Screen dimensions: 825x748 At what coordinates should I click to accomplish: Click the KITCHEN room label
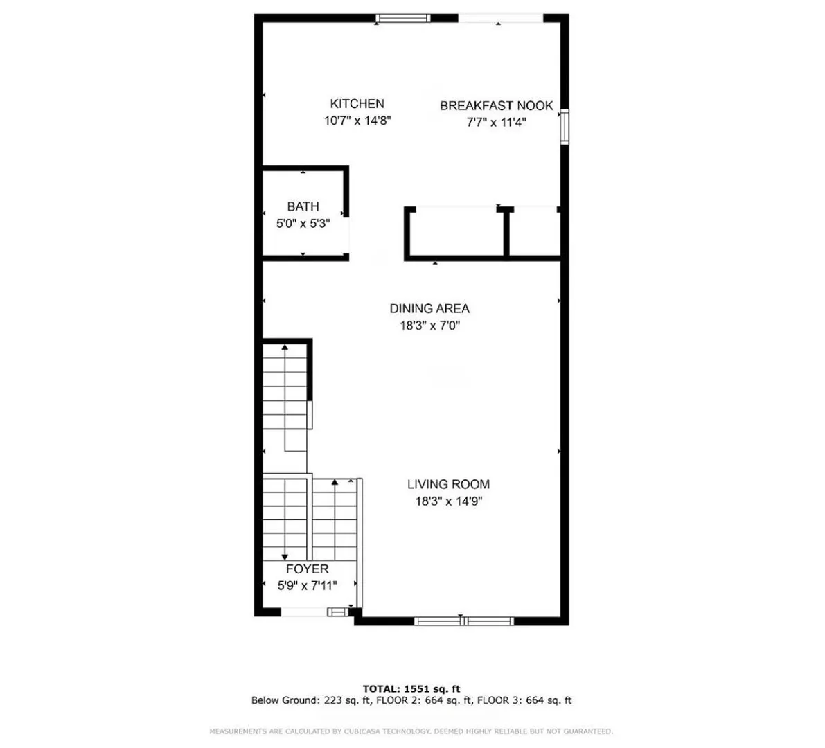click(357, 104)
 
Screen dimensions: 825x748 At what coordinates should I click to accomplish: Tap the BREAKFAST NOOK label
click(496, 106)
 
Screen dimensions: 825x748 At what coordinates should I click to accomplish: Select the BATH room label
click(303, 206)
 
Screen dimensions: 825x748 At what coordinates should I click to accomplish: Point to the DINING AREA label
click(429, 308)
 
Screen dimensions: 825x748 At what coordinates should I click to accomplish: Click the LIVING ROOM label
click(448, 484)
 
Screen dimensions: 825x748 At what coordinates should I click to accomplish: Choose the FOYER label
click(308, 569)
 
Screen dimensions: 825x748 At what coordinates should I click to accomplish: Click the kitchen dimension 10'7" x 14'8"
click(357, 121)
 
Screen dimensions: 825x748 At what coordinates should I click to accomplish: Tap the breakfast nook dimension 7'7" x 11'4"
click(496, 123)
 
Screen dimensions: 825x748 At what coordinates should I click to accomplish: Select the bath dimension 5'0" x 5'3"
click(303, 224)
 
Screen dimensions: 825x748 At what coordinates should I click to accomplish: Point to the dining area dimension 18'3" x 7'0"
click(430, 326)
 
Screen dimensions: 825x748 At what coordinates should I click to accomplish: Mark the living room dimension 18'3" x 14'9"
click(449, 501)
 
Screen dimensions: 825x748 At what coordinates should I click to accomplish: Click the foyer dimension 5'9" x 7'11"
click(308, 585)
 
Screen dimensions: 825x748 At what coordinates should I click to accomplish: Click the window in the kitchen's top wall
click(402, 19)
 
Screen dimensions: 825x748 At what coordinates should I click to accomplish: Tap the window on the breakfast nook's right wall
click(565, 126)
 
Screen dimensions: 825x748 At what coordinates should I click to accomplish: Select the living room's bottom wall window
click(463, 621)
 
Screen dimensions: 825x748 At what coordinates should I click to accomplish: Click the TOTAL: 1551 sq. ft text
click(411, 688)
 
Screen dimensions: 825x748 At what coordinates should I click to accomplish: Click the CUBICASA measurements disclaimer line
click(411, 731)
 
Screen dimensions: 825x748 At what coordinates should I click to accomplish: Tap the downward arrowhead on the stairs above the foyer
click(285, 557)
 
